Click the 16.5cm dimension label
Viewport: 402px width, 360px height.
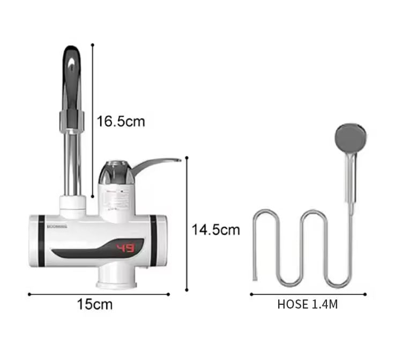(x=121, y=121)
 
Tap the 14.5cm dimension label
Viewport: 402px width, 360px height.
(x=216, y=230)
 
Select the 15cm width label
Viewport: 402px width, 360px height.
(x=94, y=305)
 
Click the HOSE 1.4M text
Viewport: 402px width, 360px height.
(x=308, y=305)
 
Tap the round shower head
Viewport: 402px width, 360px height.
(x=352, y=138)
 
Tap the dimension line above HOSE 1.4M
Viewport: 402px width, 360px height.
(x=308, y=294)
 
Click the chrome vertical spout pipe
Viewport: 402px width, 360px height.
(x=73, y=161)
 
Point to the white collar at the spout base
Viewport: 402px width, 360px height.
(x=73, y=204)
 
